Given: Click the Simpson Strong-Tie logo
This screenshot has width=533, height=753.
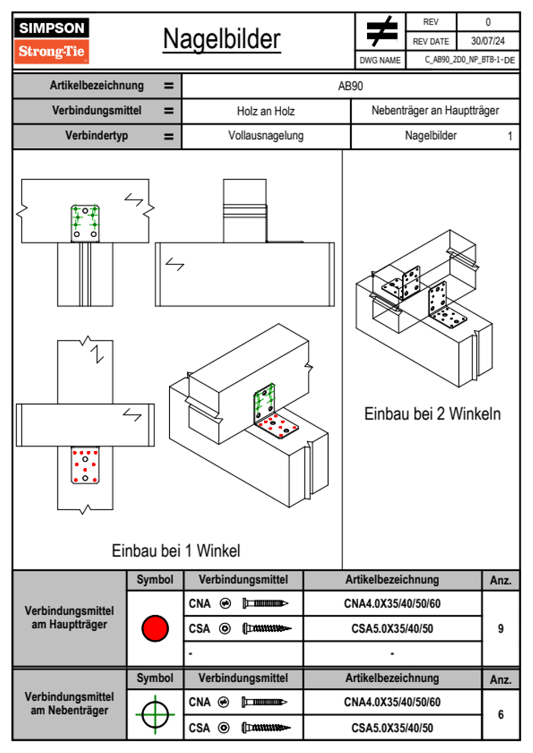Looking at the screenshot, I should coord(52,41).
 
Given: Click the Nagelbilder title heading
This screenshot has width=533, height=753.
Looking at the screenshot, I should coord(222,39).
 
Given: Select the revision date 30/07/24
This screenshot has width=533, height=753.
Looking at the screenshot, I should coord(487,41).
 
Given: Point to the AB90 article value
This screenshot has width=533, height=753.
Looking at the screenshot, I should coord(350,86).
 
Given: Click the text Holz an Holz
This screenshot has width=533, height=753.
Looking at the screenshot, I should coord(266,111).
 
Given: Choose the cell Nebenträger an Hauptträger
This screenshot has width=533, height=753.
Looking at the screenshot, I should coord(435,111).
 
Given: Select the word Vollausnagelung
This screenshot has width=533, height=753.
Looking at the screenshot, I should coord(266,136).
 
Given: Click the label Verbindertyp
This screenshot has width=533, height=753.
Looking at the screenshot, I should coord(96,136).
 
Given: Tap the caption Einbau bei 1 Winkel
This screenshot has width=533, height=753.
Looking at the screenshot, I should coord(176,551).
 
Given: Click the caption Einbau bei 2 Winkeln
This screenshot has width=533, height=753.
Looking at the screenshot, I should coord(432,414).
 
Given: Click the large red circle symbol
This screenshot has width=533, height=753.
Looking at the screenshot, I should coord(155,628).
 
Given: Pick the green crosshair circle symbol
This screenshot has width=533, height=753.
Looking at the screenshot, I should coord(155,714).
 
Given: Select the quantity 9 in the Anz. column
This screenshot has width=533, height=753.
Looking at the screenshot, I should coord(500,629).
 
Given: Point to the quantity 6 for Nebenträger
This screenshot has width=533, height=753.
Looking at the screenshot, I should coord(500,714).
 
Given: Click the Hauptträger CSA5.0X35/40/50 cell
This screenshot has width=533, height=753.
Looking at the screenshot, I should coord(392,629).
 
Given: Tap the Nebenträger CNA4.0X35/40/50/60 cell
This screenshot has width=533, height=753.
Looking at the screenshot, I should coord(392,702).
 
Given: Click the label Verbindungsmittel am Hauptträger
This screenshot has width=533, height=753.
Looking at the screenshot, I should coord(69,617).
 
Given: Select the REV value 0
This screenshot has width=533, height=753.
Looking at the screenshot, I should coord(488,22).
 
